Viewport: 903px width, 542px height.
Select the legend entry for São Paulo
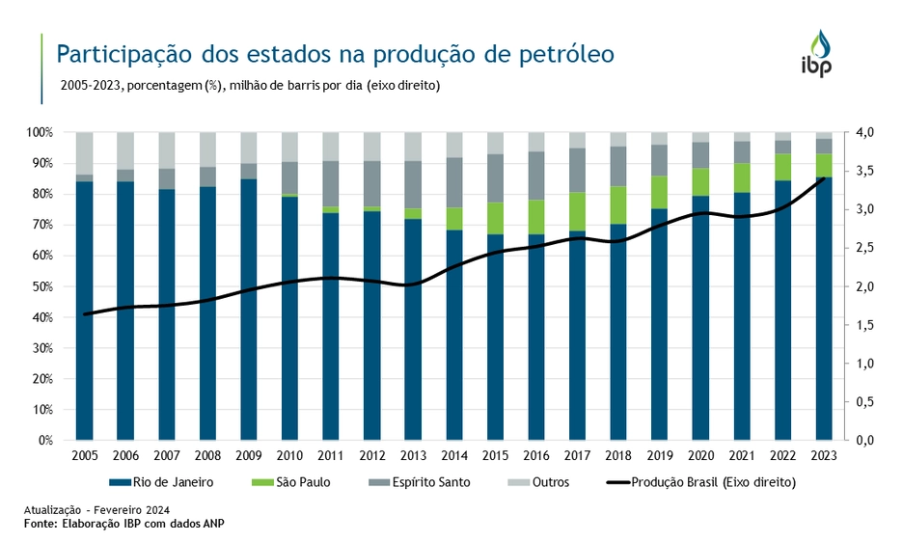point(298,481)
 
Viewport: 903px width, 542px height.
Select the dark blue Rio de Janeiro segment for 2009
point(249,309)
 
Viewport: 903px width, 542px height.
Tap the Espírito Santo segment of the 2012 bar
point(372,183)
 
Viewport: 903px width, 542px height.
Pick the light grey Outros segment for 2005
point(85,152)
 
